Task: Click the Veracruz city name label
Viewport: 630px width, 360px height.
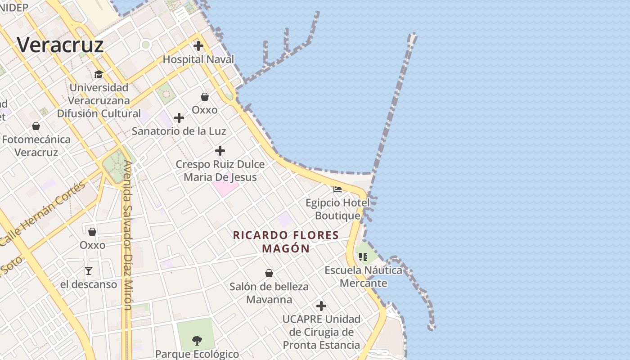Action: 60,45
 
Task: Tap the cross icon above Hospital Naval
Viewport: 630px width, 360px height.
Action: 198,46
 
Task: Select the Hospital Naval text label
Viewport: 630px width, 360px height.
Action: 198,59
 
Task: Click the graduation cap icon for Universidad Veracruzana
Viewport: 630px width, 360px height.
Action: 99,74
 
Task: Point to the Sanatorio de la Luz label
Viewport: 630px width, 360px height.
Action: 179,131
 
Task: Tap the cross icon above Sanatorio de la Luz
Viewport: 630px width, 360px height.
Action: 179,118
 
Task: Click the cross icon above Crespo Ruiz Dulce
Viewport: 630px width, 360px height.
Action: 220,151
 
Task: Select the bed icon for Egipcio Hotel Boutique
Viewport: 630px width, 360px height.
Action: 337,189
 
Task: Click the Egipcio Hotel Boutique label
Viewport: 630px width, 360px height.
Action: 337,209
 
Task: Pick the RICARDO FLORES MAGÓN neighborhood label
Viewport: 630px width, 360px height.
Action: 286,242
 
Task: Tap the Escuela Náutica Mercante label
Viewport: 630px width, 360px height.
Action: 364,276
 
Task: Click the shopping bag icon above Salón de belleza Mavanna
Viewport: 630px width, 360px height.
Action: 269,273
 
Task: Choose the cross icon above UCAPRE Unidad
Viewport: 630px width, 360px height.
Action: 321,306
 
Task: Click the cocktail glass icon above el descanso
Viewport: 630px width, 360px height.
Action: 89,271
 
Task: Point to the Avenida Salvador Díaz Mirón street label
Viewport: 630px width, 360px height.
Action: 128,235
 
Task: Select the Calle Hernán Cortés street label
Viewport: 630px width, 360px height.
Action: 43,213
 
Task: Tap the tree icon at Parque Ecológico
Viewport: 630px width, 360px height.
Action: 197,340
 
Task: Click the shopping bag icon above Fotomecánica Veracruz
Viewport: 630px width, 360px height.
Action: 36,126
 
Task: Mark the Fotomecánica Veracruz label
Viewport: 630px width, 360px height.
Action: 36,146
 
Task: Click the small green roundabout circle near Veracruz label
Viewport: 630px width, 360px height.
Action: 145,45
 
